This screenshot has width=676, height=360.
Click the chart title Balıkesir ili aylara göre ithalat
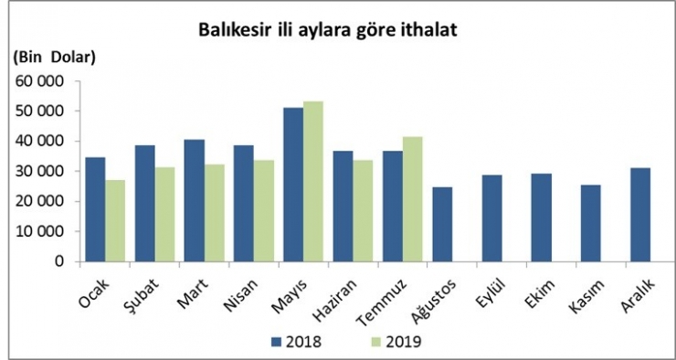tap(328, 29)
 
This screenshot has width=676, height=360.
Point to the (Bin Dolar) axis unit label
tap(56, 58)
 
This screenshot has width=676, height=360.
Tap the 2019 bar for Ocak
tap(115, 220)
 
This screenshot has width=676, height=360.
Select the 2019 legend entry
tap(394, 343)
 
